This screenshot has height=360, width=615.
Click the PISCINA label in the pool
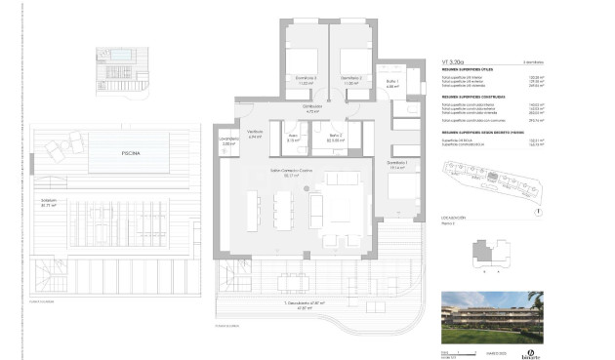point(130,153)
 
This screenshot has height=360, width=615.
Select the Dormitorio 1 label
point(395,164)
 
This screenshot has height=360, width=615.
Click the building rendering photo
point(492,319)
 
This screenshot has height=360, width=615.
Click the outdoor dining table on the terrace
point(292,283)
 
